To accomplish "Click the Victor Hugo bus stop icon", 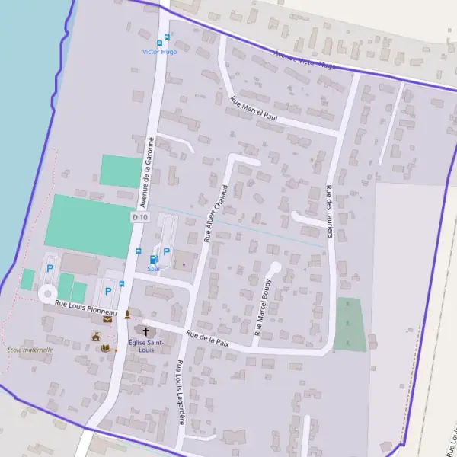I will [x=159, y=42].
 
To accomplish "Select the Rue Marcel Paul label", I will [x=254, y=110].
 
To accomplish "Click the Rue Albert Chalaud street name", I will [x=216, y=213].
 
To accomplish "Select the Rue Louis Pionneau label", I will [x=85, y=308].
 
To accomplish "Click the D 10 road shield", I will [x=138, y=217].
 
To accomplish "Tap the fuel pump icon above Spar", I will [x=153, y=260].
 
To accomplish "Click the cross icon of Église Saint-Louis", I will [x=145, y=331].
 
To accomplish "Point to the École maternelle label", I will [x=30, y=350].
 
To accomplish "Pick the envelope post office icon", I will [x=107, y=319].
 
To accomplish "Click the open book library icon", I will [x=106, y=348].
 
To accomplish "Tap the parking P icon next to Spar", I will [x=167, y=251].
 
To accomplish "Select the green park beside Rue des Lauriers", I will [x=350, y=324].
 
